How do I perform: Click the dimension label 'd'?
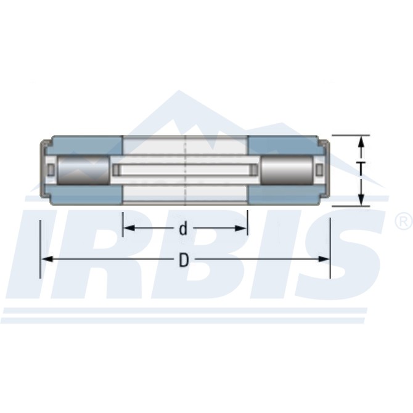coord(183,228)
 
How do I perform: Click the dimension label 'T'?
coord(362,170)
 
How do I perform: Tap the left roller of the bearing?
coord(83,170)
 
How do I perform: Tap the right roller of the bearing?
coord(287,170)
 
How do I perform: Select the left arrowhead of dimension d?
coord(129,228)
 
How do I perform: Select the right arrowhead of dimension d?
coord(240,228)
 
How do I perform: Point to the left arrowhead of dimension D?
coord(48,259)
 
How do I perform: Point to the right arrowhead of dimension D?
coord(323,259)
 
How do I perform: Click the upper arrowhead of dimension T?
coord(362,142)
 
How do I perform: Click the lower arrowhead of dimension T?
coord(362,199)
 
